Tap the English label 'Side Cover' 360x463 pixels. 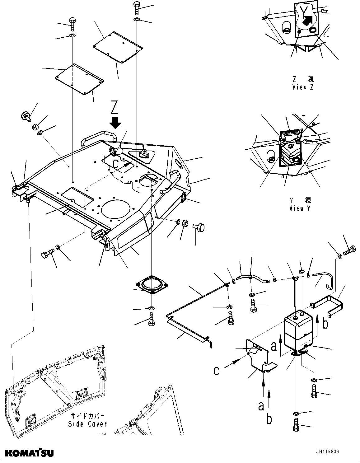point(87,424)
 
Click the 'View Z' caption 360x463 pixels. point(303,87)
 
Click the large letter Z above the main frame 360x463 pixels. point(115,108)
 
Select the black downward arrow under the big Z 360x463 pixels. point(115,123)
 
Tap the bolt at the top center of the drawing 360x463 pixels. point(137,7)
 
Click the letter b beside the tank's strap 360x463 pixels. point(325,324)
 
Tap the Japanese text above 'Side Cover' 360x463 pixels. point(87,416)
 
